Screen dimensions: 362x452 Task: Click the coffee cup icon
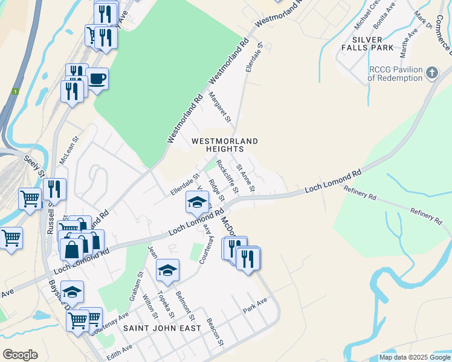pos(97,78)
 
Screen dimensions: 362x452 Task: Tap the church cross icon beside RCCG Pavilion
pos(431,74)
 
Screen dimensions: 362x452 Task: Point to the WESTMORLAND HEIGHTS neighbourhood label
pos(225,145)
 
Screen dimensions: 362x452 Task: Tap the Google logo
pos(21,355)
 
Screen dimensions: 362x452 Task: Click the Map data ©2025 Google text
pos(414,357)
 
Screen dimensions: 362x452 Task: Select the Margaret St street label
pos(220,107)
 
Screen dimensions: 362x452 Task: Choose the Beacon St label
pos(215,332)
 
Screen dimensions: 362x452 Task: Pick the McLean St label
pos(67,150)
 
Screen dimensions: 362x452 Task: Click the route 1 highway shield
pos(15,91)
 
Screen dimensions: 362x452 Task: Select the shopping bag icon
pos(71,249)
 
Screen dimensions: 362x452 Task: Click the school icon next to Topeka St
pos(167,270)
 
